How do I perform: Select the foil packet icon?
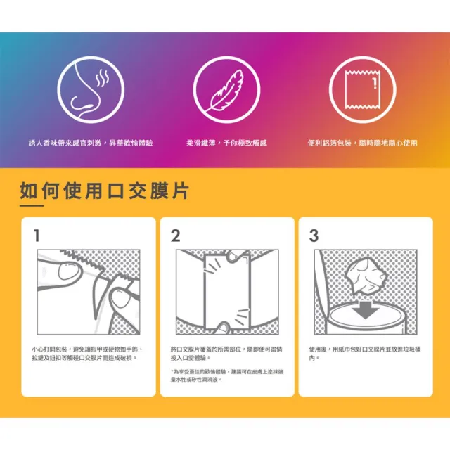point(363,90)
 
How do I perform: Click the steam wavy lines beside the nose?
point(103,78)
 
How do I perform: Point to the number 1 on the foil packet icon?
point(374,83)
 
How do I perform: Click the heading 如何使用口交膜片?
point(105,191)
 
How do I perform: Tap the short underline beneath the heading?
point(32,205)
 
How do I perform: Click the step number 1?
point(37,236)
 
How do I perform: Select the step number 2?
point(175,236)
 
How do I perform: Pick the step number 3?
point(314,236)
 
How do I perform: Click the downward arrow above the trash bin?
point(365,309)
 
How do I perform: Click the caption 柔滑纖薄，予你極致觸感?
point(226,143)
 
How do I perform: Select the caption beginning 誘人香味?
point(91,143)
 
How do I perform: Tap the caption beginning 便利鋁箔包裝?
point(363,143)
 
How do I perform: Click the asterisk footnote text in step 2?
point(226,375)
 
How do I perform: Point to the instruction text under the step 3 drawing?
point(365,353)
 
